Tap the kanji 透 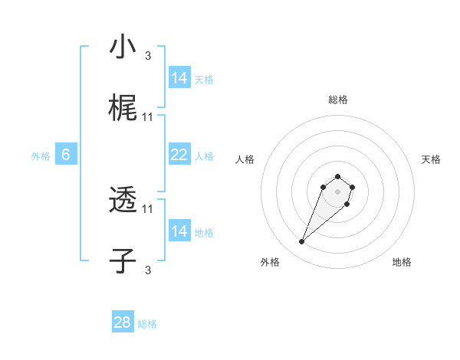point(123,201)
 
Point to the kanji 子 point(123,261)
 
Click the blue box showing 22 point(179,155)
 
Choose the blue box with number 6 point(66,155)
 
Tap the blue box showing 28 point(123,322)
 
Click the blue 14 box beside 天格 point(179,78)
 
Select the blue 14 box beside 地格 point(179,231)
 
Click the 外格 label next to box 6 point(41,155)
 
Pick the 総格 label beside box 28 point(147,324)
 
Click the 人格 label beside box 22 point(204,155)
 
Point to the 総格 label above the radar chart point(337,100)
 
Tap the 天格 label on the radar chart point(431,159)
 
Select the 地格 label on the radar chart point(402,263)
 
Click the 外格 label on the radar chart point(270,263)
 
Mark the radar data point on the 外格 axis point(302,242)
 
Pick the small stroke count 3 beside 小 point(148,55)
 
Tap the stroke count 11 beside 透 point(148,208)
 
